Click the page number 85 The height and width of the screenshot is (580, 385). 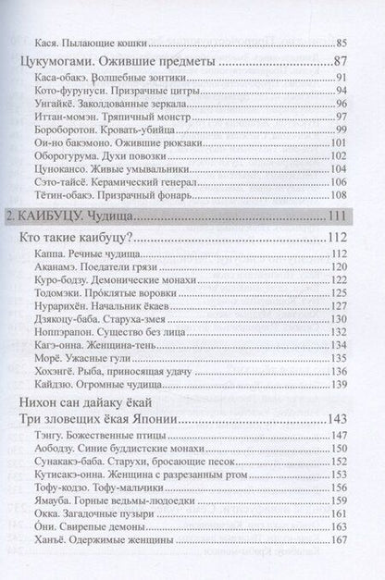point(340,43)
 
